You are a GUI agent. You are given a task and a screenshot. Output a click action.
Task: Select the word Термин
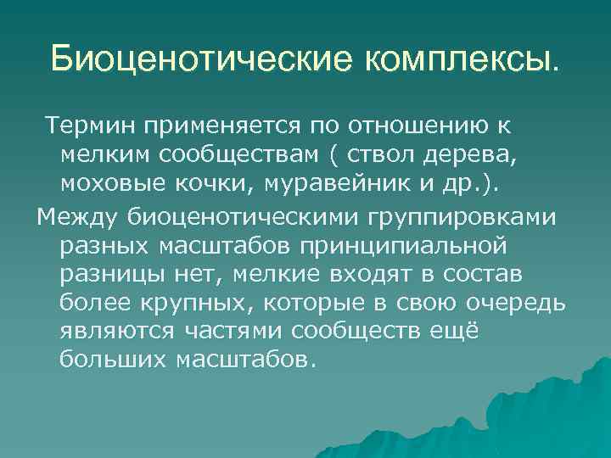[90, 126]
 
